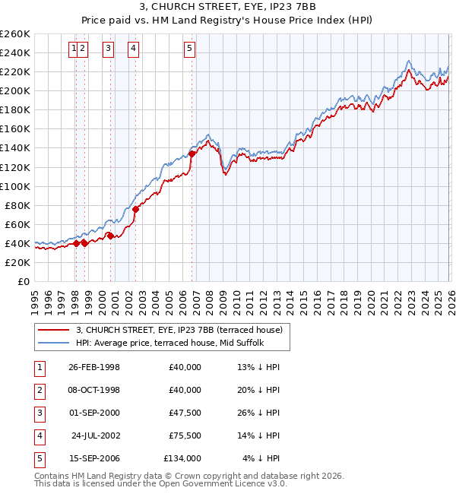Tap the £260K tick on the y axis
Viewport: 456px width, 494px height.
tap(15, 34)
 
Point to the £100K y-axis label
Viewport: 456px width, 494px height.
tap(15, 186)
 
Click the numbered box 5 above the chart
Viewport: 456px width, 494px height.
tap(189, 49)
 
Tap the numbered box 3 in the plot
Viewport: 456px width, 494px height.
tap(109, 49)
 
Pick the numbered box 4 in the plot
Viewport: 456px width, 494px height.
tap(134, 49)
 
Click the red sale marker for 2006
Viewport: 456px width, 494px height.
tap(192, 154)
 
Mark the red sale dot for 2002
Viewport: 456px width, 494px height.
tap(135, 209)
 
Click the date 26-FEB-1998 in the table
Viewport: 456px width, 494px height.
tap(93, 367)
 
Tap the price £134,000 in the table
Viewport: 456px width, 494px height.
tap(182, 458)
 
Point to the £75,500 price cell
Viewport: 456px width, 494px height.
tap(184, 435)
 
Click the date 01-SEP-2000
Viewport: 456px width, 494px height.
tap(93, 413)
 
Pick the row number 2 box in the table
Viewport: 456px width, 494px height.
tap(39, 390)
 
